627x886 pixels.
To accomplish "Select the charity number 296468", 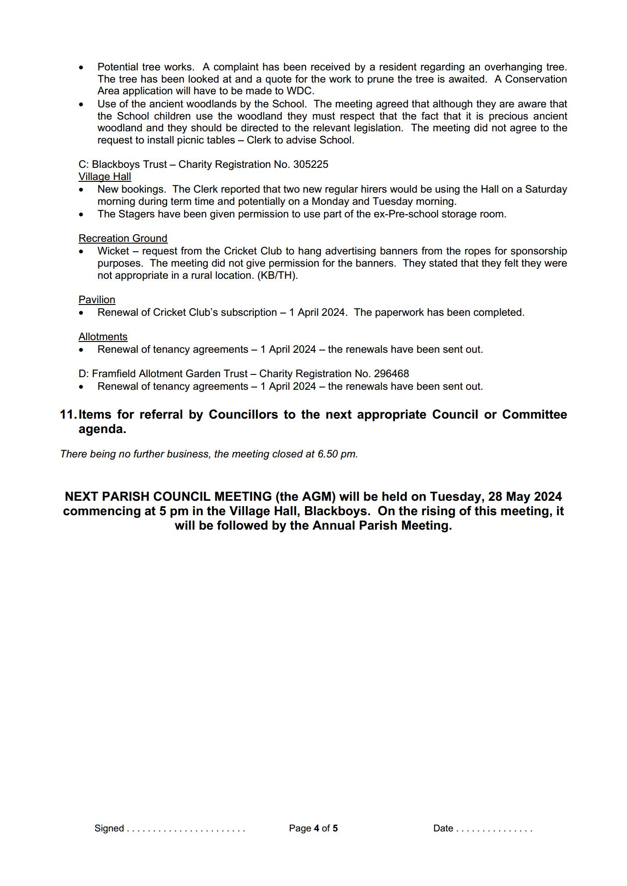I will pyautogui.click(x=391, y=374).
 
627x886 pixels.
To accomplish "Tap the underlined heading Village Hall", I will pyautogui.click(x=105, y=176).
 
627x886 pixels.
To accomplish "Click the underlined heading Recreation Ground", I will pyautogui.click(x=123, y=238).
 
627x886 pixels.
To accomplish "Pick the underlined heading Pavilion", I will pyautogui.click(x=97, y=300).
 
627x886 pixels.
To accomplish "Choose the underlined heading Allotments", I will pyautogui.click(x=103, y=337).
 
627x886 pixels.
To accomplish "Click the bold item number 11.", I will pyautogui.click(x=68, y=415).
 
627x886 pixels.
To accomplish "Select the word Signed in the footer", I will pyautogui.click(x=109, y=828).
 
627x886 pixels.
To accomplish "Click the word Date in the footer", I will pyautogui.click(x=443, y=828).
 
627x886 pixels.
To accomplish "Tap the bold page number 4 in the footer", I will pyautogui.click(x=316, y=828).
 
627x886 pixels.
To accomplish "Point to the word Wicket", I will pyautogui.click(x=113, y=251).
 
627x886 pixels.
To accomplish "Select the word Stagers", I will pyautogui.click(x=137, y=214).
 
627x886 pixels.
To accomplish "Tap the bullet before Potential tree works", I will pyautogui.click(x=81, y=67).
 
